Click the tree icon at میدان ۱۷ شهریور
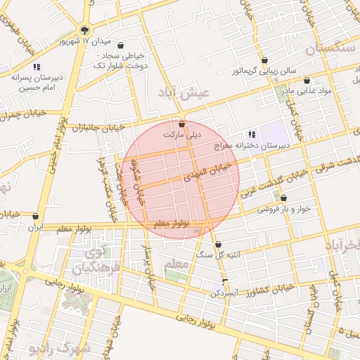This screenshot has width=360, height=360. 84,30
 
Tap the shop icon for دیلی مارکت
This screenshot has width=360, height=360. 182,124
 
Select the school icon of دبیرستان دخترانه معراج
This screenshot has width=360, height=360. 251,134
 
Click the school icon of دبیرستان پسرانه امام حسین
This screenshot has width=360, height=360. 37,67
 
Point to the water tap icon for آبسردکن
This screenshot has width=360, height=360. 225,283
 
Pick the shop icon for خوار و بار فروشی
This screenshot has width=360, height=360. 283,198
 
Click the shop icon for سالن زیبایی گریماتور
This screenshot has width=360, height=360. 264,60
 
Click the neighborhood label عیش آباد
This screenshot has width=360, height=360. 185,93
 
